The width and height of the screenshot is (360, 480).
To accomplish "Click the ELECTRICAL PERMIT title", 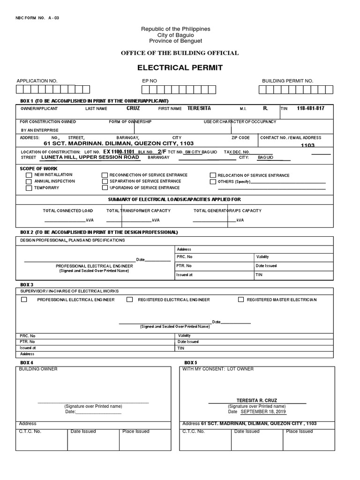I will point(180,68).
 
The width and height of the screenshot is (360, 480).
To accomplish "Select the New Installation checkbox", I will point(29,175).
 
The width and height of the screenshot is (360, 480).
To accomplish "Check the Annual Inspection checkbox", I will point(29,181).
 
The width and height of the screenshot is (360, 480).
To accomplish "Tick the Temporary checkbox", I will point(29,188).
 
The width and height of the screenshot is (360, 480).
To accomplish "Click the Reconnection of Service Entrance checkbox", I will point(105,175).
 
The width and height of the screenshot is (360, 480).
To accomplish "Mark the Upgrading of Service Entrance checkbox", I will point(105,187).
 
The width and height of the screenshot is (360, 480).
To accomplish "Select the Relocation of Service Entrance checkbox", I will point(213,175).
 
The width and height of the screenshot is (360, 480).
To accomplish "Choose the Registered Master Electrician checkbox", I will point(241,300).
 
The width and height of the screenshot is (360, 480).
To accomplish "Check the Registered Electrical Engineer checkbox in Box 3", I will point(132,300).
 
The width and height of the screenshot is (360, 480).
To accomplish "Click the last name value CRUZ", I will point(133,108).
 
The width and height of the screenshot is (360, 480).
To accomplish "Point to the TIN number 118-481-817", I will point(310,108).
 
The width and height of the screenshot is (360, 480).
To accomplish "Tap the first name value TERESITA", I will point(199,108).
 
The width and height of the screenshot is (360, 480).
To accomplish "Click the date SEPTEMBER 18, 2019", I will point(263,412).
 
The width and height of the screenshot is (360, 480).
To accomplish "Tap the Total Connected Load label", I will point(68,211).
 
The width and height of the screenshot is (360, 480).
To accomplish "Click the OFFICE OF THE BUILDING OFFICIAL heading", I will point(180,53).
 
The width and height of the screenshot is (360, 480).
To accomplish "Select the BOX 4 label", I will point(27,363).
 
